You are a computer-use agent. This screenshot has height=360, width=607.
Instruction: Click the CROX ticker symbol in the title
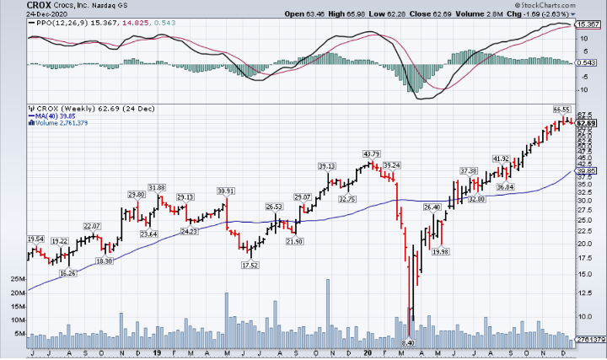coord(15,5)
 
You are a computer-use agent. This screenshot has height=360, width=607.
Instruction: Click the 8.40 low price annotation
coord(409,343)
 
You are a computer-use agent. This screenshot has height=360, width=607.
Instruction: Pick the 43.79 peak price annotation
coord(372,154)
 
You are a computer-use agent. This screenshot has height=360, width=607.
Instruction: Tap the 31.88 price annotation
coord(157,187)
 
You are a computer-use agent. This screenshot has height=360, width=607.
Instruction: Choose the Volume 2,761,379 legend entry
coord(67,124)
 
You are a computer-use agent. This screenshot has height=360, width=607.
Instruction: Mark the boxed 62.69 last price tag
coord(586,123)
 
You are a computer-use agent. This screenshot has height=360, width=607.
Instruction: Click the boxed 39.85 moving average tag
coord(586,171)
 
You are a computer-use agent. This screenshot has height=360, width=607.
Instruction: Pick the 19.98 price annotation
coord(439,251)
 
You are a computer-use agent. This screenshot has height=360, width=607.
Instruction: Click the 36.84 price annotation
coord(505,186)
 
